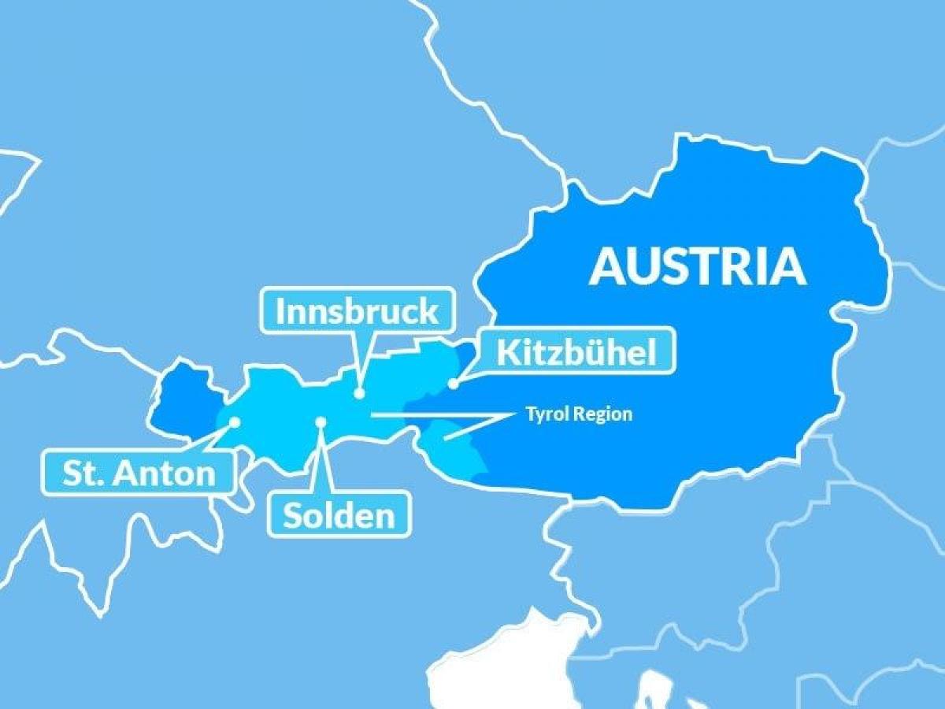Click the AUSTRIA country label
point(698,266)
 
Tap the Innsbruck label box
point(357,311)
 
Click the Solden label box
point(339,515)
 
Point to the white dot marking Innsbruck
point(359,393)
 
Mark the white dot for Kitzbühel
point(454,384)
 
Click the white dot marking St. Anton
point(234,422)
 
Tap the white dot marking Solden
point(321,422)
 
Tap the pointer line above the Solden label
point(318,461)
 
